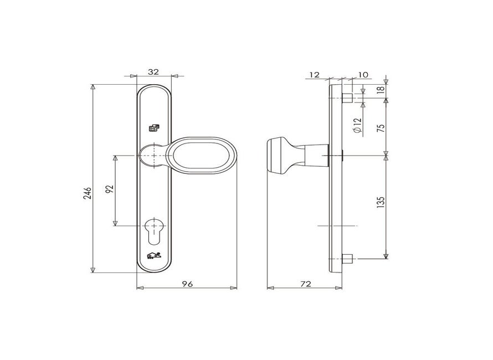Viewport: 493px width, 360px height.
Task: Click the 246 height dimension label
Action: point(87,192)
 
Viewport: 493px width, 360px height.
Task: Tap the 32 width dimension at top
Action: point(154,71)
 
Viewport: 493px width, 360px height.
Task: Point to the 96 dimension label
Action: point(187,284)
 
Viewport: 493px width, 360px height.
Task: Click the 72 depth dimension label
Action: point(305,284)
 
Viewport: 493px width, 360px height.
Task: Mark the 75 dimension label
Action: point(379,127)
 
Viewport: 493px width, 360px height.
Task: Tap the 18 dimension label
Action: point(379,90)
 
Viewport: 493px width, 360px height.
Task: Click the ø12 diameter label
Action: point(358,127)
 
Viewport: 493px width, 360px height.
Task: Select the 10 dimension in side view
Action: point(363,74)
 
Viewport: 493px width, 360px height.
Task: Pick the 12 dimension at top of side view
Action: point(315,74)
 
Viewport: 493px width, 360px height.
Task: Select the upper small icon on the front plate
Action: point(153,128)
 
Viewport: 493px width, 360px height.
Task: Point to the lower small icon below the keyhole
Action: point(153,256)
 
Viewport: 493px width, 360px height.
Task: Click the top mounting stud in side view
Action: point(347,99)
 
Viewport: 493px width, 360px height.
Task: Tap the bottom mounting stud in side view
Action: point(347,258)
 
